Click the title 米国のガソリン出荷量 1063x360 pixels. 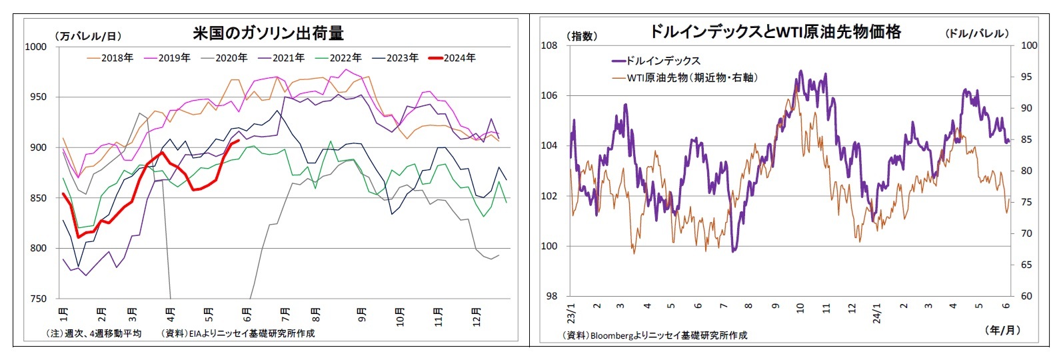(x=268, y=33)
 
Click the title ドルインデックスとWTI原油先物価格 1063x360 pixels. (x=775, y=31)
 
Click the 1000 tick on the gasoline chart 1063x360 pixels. (x=36, y=47)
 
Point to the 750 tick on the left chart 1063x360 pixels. (x=39, y=299)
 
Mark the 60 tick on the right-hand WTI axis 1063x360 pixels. (x=1026, y=296)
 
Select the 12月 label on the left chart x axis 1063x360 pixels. (x=476, y=313)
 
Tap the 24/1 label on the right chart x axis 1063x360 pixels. (x=877, y=313)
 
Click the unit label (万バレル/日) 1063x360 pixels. (x=87, y=36)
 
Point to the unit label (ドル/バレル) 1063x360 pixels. (x=977, y=33)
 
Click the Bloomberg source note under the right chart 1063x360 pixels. (x=654, y=335)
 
